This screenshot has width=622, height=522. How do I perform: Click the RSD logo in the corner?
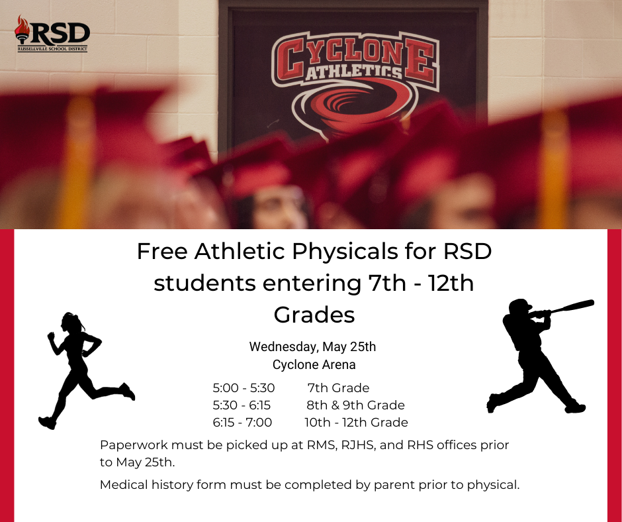point(52,34)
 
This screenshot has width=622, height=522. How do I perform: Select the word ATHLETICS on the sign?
point(354,71)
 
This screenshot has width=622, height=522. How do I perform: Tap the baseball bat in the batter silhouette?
point(572,306)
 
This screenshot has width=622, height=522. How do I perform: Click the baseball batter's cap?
point(521,305)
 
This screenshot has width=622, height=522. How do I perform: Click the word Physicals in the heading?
point(345,252)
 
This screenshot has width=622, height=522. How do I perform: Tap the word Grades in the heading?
point(314,315)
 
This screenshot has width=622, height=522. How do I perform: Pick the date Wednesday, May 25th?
point(312,347)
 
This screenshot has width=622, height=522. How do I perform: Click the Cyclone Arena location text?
point(314,365)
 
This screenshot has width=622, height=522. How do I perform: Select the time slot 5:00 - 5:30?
point(244,388)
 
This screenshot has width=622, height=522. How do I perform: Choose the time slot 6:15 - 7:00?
point(242,422)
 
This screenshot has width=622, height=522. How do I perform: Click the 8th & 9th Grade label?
point(356,405)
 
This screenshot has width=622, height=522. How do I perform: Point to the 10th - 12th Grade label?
point(356,422)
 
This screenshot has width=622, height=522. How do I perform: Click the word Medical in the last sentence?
point(124,485)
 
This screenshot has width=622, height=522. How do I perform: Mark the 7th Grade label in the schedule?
point(338,388)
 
